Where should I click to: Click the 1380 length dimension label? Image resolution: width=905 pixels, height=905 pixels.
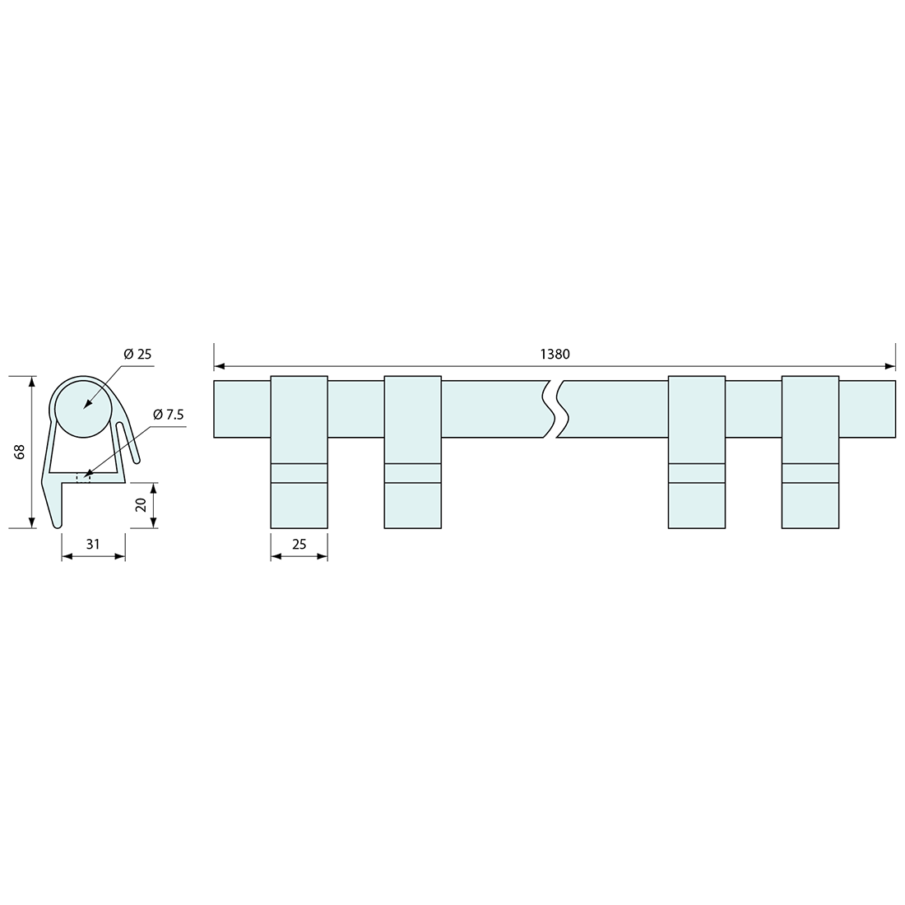[555, 354]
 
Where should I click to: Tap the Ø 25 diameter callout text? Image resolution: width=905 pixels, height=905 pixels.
[137, 354]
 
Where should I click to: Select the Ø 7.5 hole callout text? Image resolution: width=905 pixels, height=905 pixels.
[169, 415]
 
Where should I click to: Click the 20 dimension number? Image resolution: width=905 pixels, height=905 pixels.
[140, 505]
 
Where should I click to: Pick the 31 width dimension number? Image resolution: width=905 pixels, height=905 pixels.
[93, 544]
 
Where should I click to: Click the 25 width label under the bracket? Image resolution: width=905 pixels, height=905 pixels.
[299, 544]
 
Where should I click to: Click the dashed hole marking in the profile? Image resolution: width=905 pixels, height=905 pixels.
[84, 478]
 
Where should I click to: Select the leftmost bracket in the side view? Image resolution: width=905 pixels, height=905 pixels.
[299, 452]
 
